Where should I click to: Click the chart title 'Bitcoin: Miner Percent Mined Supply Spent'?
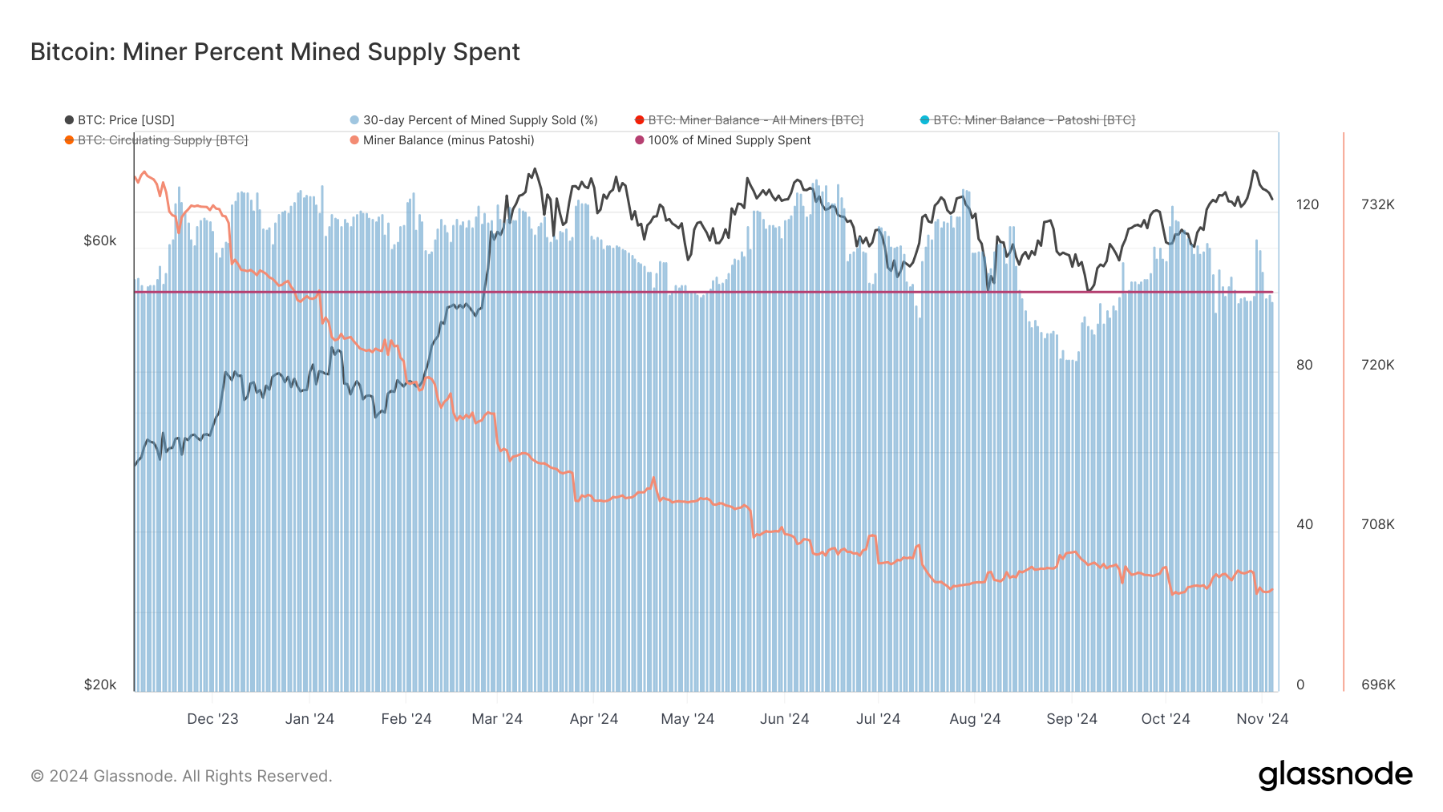pyautogui.click(x=275, y=52)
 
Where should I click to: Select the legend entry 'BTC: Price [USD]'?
pyautogui.click(x=125, y=120)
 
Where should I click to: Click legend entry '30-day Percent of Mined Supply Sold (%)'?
pyautogui.click(x=479, y=120)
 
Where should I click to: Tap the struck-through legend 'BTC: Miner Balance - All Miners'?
pyautogui.click(x=754, y=120)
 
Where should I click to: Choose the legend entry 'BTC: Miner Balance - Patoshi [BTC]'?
pyautogui.click(x=1033, y=120)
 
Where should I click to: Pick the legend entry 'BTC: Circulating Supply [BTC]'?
pyautogui.click(x=162, y=140)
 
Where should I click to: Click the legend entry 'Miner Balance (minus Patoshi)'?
pyautogui.click(x=447, y=140)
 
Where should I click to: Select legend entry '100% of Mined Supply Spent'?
pyautogui.click(x=729, y=140)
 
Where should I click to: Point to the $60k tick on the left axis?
pyautogui.click(x=100, y=240)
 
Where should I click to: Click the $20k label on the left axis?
pyautogui.click(x=100, y=685)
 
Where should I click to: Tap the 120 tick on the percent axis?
pyautogui.click(x=1307, y=204)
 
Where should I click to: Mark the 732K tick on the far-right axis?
pyautogui.click(x=1377, y=204)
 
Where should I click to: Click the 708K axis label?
pyautogui.click(x=1377, y=524)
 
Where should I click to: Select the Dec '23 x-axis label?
pyautogui.click(x=212, y=719)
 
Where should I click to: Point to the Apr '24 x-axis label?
pyautogui.click(x=593, y=719)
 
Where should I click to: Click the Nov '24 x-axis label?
pyautogui.click(x=1262, y=719)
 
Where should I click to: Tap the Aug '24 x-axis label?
pyautogui.click(x=975, y=719)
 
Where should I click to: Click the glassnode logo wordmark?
pyautogui.click(x=1335, y=775)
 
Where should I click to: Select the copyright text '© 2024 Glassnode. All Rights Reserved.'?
pyautogui.click(x=181, y=776)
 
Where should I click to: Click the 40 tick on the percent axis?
pyautogui.click(x=1304, y=524)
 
